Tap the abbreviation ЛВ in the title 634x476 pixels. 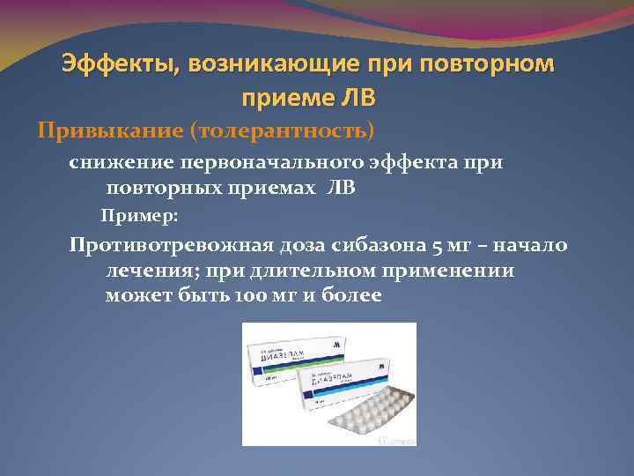358,96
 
